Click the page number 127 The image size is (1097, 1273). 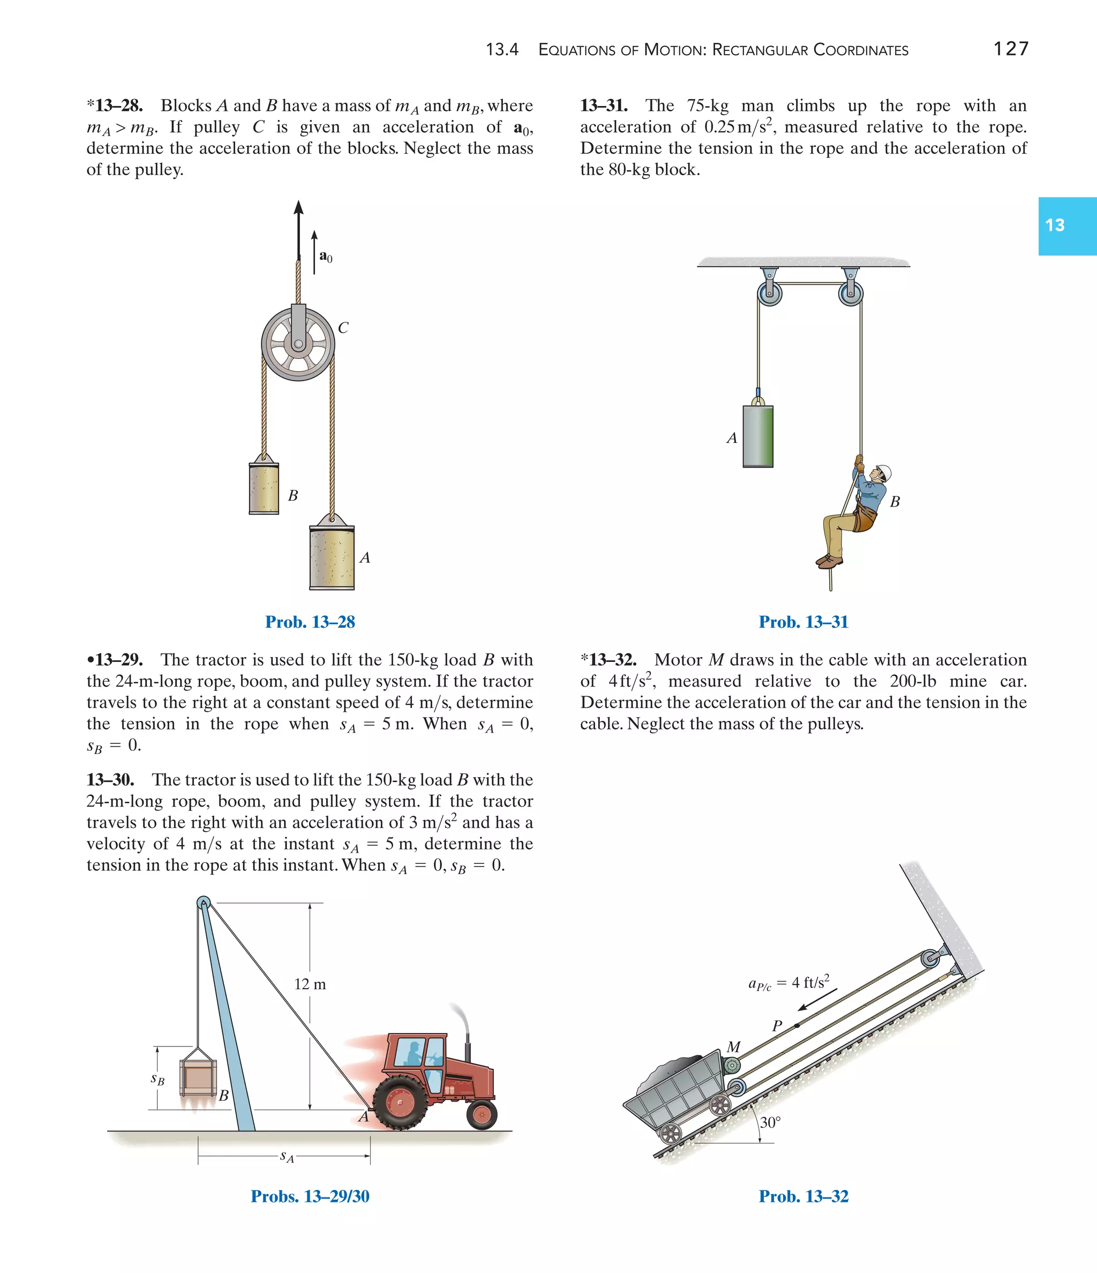click(1010, 49)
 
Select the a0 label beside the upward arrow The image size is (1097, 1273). click(326, 257)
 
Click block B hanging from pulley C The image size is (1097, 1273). click(264, 488)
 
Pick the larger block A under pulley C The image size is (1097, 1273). click(332, 558)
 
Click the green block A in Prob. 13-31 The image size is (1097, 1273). click(758, 436)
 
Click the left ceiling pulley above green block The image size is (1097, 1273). click(769, 292)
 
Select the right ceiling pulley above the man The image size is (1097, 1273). click(851, 292)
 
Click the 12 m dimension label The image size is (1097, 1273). click(310, 984)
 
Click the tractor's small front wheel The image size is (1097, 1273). click(481, 1114)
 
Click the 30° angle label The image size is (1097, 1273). click(770, 1123)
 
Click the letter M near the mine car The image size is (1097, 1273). click(733, 1047)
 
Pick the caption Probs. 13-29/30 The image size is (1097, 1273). click(310, 1196)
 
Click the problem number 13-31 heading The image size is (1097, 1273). click(604, 106)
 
